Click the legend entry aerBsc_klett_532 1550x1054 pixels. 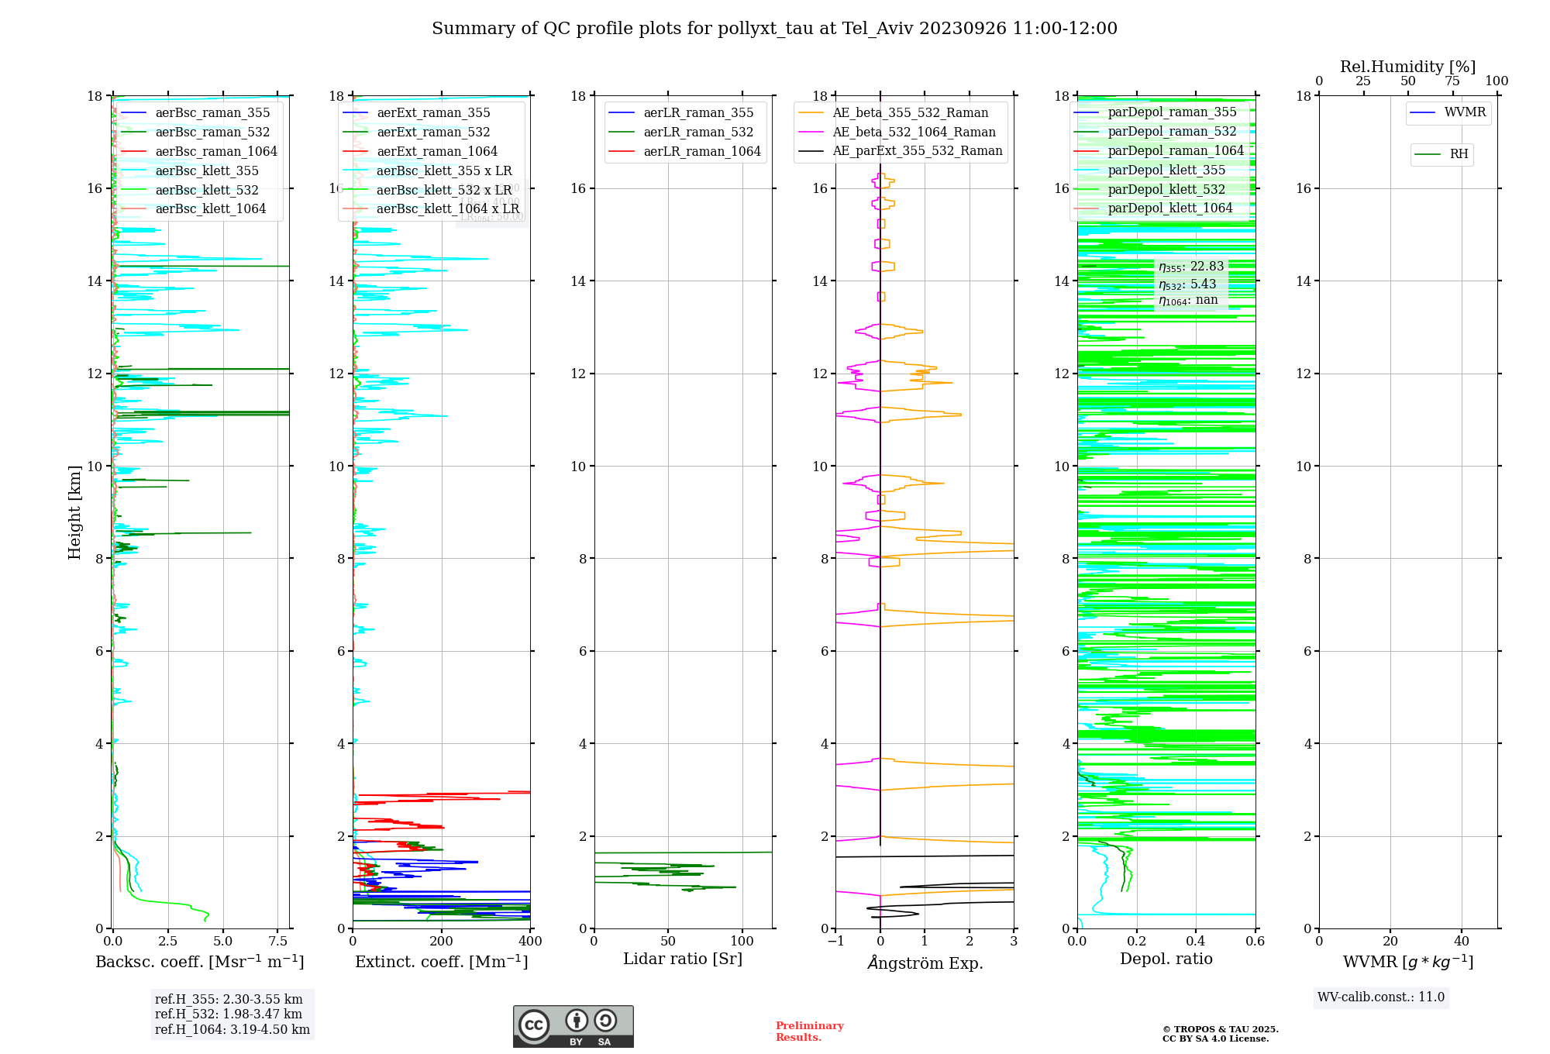206,190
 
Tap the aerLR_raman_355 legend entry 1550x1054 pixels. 697,113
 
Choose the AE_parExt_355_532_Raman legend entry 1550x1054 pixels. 917,151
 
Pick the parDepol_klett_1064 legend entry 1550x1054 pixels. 1169,208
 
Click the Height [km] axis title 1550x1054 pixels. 74,511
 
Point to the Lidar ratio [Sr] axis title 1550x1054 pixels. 682,959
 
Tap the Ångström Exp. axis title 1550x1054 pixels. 925,963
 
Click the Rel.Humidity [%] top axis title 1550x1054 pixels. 1407,67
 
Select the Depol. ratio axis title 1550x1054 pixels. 1166,959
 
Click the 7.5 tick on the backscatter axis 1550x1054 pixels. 277,941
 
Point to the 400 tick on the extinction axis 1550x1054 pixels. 530,941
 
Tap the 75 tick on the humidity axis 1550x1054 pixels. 1452,81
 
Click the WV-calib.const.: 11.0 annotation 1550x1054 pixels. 1380,997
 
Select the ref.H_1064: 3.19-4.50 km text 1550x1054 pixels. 232,1029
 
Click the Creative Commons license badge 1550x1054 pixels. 573,1026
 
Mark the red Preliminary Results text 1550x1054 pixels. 809,1031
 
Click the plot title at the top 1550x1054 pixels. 774,29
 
